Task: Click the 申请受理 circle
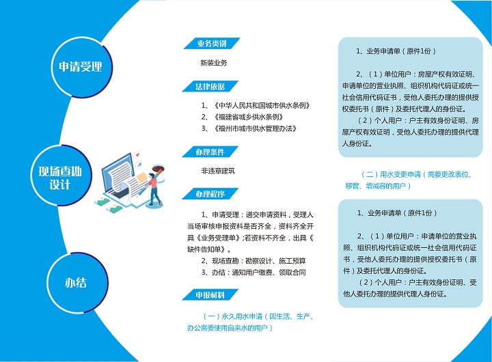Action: click(81, 67)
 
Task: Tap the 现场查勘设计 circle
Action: click(61, 176)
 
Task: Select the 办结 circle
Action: click(77, 283)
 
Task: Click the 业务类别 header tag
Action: click(212, 43)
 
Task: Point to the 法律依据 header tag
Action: click(210, 86)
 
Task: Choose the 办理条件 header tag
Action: click(210, 152)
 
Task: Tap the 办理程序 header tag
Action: click(210, 194)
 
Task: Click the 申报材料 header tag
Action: click(210, 295)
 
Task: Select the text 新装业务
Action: click(214, 63)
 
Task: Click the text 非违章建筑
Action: click(218, 171)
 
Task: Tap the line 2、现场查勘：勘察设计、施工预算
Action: click(254, 261)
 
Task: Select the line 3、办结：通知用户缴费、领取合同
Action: click(254, 273)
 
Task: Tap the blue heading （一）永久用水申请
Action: click(250, 322)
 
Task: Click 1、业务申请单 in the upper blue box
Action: click(396, 51)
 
